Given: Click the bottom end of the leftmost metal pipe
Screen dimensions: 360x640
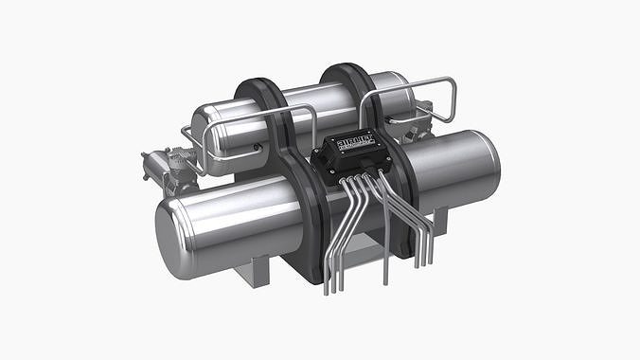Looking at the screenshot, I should pyautogui.click(x=327, y=288).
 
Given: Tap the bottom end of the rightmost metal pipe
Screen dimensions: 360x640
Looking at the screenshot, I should pyautogui.click(x=431, y=260).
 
